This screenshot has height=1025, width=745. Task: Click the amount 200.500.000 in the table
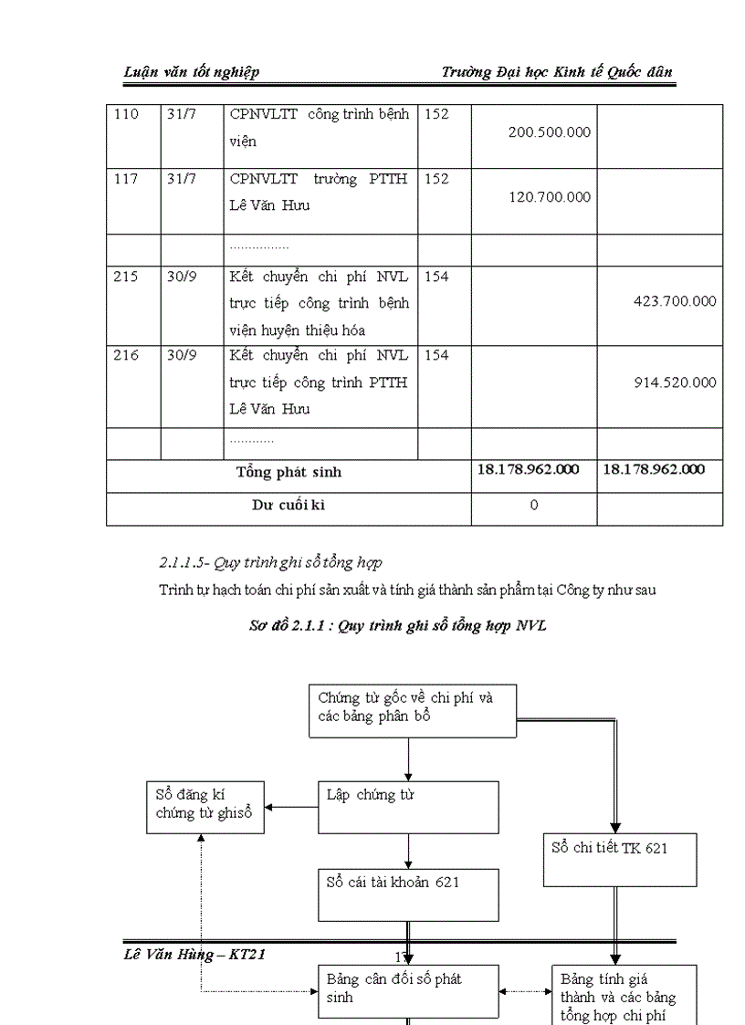point(549,132)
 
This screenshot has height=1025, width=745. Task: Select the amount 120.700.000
point(549,197)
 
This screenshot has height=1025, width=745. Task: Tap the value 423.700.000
point(675,301)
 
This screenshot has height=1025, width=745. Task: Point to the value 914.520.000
point(675,382)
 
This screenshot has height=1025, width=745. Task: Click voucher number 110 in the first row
point(126,115)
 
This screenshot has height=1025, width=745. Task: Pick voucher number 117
point(126,179)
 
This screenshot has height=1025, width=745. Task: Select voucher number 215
point(126,277)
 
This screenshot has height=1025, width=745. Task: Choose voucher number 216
point(126,355)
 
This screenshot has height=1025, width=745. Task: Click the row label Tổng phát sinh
point(289,472)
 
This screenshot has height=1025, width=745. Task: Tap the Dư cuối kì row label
point(289,506)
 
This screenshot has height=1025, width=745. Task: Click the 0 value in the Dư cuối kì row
point(534,506)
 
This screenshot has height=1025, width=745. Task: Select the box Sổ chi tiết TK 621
point(620,859)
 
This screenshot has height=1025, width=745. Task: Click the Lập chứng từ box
point(408,806)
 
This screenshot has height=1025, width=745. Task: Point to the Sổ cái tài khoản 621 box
point(408,894)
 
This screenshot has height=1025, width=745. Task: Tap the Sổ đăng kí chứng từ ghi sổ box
point(205,806)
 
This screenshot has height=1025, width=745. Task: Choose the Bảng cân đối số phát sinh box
point(408,990)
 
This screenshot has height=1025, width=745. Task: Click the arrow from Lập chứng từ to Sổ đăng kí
point(291,807)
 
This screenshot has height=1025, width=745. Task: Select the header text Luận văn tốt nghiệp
point(192,72)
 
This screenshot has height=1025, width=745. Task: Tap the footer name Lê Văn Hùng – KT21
point(194,955)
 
